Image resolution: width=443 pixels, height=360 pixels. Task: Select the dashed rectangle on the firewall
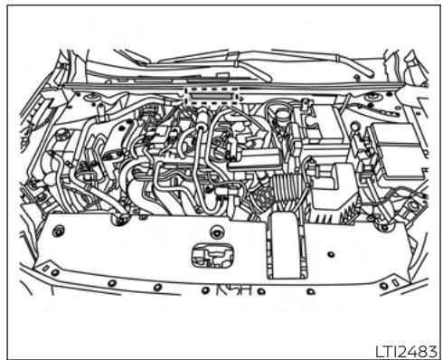[210, 92]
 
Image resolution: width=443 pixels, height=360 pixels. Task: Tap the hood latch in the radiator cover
[207, 254]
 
